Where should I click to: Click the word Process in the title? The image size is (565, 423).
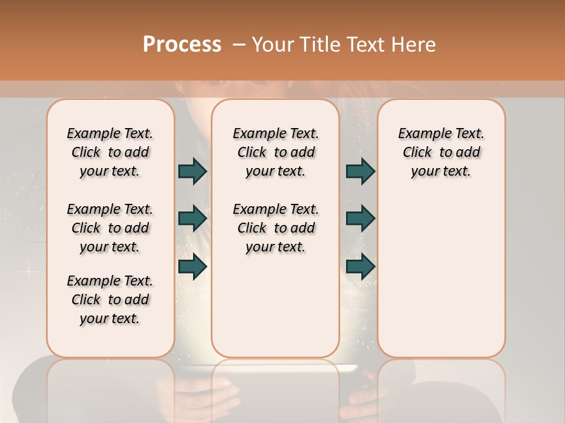(x=182, y=44)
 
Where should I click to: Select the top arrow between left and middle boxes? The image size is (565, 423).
(x=192, y=171)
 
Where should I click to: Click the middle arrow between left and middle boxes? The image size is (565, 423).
(x=192, y=218)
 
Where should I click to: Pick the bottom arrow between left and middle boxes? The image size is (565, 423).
(x=192, y=267)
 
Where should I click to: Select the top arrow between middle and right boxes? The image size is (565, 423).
(x=360, y=171)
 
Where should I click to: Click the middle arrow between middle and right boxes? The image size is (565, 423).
(x=360, y=218)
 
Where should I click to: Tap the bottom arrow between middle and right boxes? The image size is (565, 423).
(x=360, y=267)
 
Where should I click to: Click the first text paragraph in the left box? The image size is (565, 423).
(x=110, y=152)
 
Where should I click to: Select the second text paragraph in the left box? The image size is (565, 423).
(x=110, y=228)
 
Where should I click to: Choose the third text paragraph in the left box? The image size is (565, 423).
(x=110, y=300)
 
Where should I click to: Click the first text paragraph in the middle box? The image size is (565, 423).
(x=275, y=152)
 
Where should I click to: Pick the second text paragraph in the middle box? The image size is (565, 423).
(x=275, y=228)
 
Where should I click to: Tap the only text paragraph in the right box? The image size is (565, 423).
(x=441, y=152)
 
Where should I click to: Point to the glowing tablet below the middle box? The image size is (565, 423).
(x=275, y=368)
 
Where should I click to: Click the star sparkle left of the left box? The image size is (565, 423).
(x=26, y=271)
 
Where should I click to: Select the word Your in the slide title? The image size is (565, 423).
(x=272, y=44)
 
